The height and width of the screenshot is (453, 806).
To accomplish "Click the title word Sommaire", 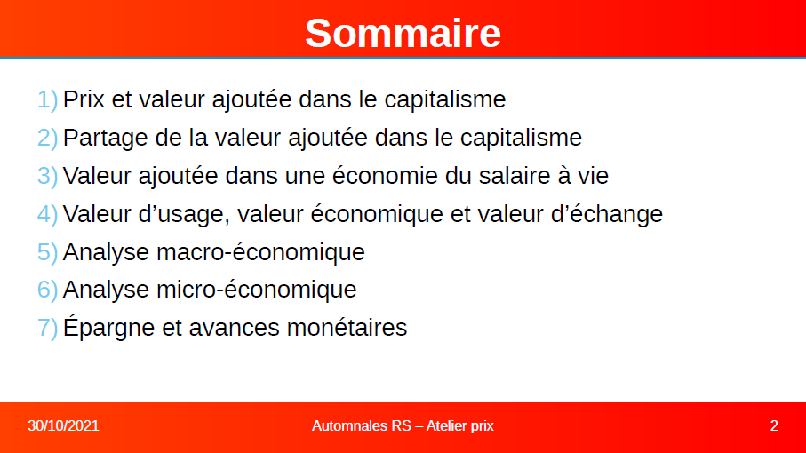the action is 403,34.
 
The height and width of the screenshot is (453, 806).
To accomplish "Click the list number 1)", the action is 47,99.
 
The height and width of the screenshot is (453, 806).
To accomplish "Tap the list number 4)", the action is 47,214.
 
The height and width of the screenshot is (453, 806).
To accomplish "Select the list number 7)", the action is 47,328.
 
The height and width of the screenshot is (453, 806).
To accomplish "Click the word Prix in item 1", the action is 84,99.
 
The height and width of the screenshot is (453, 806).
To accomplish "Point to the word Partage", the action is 106,139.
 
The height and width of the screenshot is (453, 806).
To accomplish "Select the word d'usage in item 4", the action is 184,215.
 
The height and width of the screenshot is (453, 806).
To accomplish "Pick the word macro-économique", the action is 260,252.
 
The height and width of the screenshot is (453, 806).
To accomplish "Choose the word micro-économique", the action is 257,290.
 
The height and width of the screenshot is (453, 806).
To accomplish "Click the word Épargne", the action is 108,327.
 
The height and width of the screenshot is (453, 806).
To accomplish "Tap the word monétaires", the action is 347,328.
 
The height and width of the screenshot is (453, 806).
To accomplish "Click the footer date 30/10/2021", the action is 63,425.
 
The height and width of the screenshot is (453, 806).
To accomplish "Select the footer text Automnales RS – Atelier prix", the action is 403,425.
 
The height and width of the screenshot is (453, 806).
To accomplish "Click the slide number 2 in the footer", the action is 774,425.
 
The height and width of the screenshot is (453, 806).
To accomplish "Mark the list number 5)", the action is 47,252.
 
